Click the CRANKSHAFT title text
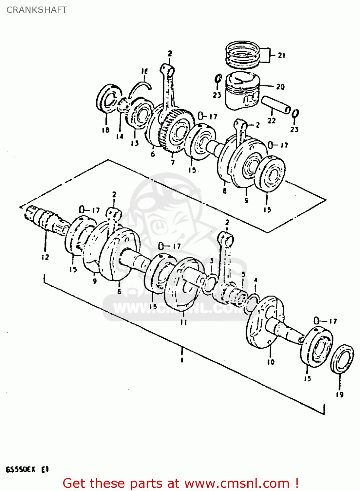pos(37,10)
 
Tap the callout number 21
pos(282,55)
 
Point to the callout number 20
pos(280,86)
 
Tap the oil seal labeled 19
pos(342,359)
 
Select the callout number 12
pos(45,257)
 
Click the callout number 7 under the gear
pos(173,162)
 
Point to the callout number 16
pos(144,71)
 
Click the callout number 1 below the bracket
pos(181,360)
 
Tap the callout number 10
pos(271,362)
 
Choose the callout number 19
pos(340,395)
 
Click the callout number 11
pos(184,322)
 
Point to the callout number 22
pos(272,120)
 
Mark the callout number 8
pos(224,190)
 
